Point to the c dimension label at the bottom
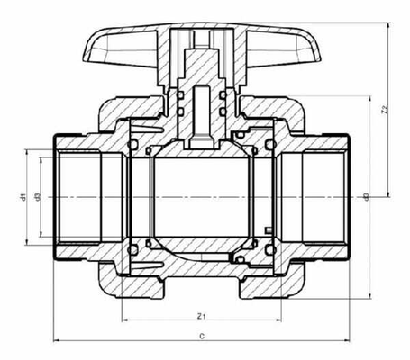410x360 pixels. click(203, 335)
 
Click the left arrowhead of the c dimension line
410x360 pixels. click(57, 341)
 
